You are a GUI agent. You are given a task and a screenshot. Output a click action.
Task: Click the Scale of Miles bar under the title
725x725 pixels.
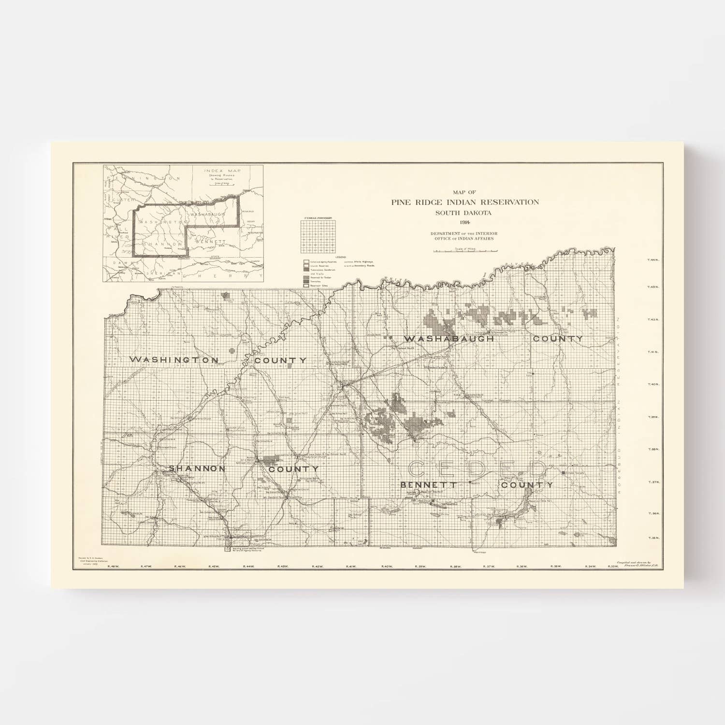(x=465, y=251)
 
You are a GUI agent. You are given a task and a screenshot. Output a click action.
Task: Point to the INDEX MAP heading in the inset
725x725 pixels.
(x=223, y=171)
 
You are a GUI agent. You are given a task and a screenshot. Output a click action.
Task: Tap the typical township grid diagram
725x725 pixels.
(x=318, y=237)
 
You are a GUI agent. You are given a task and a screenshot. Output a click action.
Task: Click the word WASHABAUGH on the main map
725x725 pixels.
(x=449, y=339)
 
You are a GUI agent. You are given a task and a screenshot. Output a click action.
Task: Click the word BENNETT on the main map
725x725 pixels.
(x=429, y=484)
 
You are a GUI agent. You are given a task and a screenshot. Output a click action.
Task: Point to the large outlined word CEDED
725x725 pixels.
(x=477, y=469)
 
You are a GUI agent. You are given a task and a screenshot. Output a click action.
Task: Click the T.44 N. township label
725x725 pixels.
(x=653, y=260)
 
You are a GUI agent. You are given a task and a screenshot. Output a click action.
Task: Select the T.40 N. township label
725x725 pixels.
(x=653, y=385)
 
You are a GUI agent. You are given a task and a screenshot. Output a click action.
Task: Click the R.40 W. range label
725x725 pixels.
(x=387, y=566)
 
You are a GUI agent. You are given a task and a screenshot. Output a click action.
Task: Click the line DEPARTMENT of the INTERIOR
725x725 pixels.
(x=464, y=233)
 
